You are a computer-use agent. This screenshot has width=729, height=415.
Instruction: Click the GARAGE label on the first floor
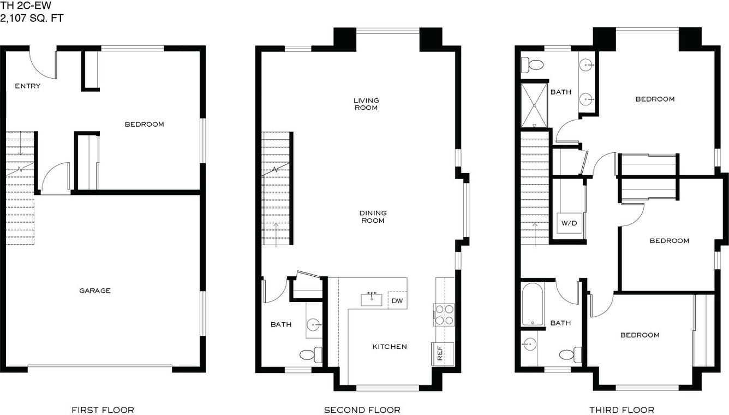(x=95, y=290)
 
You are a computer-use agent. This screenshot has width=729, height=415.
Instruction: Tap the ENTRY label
(x=28, y=86)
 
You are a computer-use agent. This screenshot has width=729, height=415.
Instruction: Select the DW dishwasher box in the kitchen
(x=397, y=300)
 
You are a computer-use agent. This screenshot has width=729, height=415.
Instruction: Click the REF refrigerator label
(x=440, y=353)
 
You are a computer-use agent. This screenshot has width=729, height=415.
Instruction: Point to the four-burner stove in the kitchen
(x=444, y=315)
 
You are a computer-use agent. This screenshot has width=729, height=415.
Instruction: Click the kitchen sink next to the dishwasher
(x=372, y=300)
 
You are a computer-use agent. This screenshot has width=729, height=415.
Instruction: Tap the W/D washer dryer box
(x=569, y=223)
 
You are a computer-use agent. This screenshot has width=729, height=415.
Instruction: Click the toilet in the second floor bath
(x=311, y=355)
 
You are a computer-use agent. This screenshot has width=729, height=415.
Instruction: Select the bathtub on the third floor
(x=533, y=304)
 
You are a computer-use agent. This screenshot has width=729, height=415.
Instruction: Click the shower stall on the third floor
(x=534, y=105)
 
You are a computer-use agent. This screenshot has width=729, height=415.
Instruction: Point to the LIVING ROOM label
(x=366, y=104)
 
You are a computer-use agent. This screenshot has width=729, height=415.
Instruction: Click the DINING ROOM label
(x=373, y=217)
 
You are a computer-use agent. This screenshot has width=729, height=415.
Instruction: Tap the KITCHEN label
(x=390, y=347)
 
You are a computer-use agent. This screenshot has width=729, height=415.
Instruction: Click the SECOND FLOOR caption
(x=362, y=410)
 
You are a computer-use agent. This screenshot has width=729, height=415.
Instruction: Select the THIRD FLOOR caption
(x=622, y=410)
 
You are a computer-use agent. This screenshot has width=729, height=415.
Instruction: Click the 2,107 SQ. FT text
(x=32, y=18)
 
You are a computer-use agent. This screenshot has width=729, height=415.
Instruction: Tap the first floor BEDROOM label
(x=144, y=124)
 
